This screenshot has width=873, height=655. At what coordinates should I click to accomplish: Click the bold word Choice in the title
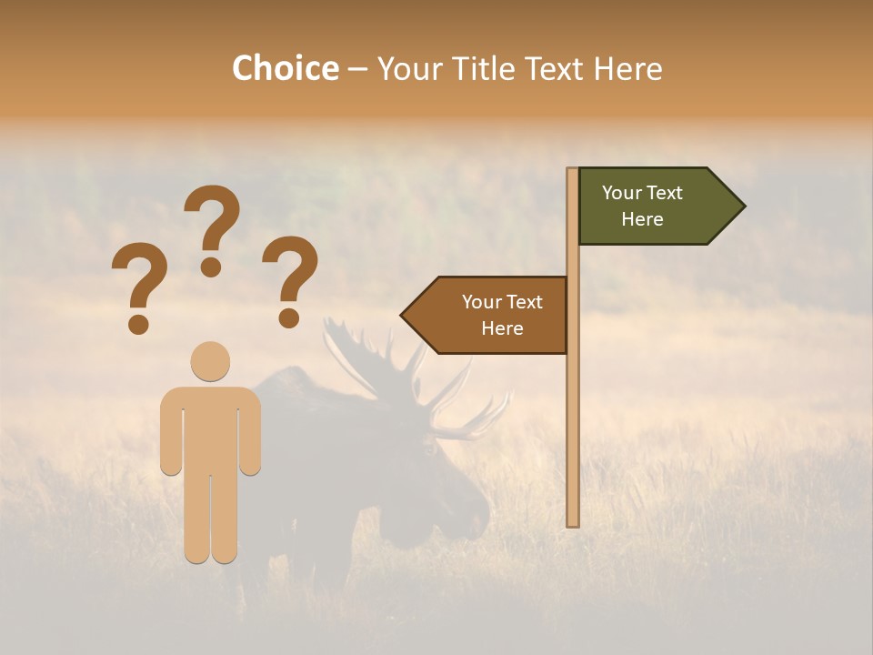(285, 68)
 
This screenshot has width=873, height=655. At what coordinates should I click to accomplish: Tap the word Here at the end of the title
(627, 68)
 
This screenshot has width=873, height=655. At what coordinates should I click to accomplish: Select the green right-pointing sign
(655, 207)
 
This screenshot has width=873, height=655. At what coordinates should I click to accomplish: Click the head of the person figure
(210, 361)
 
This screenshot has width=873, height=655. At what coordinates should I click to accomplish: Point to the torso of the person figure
(210, 428)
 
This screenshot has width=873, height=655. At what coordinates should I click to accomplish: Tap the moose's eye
(428, 448)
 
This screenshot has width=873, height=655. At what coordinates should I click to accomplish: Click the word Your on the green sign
(622, 193)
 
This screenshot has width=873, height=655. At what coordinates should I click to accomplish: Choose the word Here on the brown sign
(502, 328)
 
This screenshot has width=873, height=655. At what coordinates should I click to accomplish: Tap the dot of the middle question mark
(211, 266)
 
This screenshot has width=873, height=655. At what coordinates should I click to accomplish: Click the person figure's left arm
(170, 432)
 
